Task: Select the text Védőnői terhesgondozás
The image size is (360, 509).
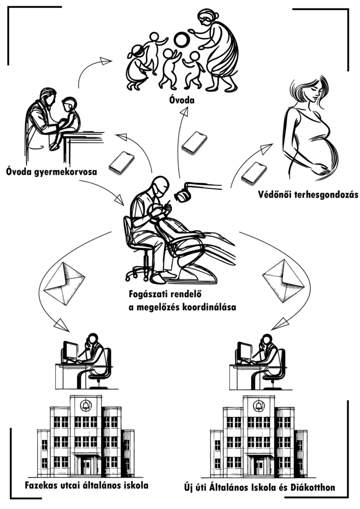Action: click(x=308, y=195)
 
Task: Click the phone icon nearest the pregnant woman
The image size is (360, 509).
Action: click(x=254, y=172)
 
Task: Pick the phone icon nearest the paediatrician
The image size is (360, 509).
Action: click(x=121, y=163)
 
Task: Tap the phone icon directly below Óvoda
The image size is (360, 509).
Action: click(x=194, y=142)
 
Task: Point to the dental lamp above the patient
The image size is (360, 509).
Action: click(x=186, y=193)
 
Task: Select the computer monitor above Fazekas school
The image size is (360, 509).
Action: click(x=70, y=352)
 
